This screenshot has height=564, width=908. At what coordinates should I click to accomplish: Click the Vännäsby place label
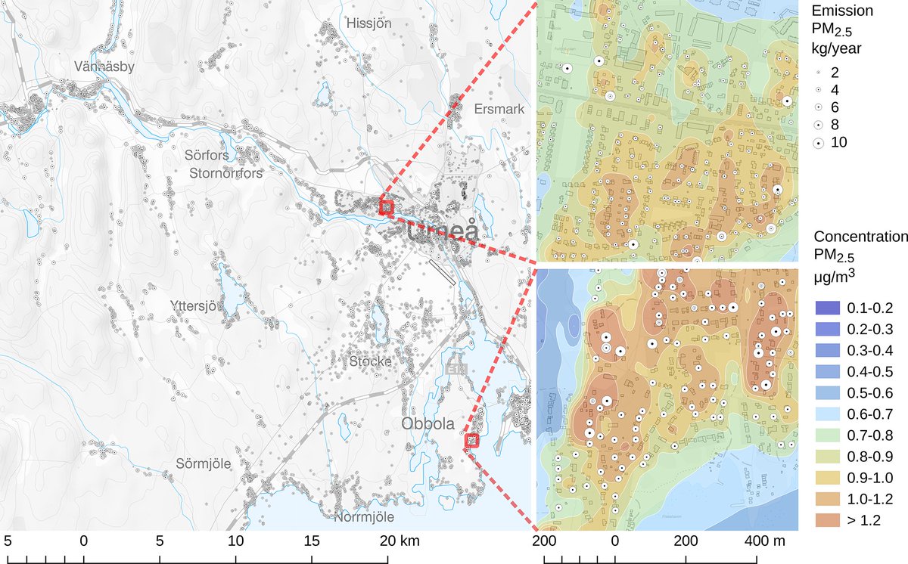click(x=104, y=67)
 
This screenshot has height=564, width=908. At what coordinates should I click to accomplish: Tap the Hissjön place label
click(x=368, y=23)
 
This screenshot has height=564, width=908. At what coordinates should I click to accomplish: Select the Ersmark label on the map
click(x=499, y=110)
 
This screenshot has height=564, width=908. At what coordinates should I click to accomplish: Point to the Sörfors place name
click(x=207, y=156)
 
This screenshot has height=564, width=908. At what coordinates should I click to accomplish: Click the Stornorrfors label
click(x=225, y=172)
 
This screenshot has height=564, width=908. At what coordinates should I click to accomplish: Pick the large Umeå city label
click(x=444, y=231)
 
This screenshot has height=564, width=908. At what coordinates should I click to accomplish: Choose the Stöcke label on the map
click(x=370, y=361)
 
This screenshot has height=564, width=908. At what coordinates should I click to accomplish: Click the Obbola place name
click(x=428, y=422)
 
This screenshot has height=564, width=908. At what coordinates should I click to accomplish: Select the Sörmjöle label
click(x=202, y=463)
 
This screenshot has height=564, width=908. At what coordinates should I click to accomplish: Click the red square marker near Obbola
click(x=472, y=440)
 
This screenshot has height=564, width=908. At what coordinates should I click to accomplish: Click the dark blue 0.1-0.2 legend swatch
click(x=826, y=308)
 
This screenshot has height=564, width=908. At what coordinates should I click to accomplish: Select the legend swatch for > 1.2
click(x=826, y=519)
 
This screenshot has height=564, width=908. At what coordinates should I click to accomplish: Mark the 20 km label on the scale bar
click(x=398, y=541)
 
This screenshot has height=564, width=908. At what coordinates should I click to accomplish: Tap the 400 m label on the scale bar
click(x=764, y=541)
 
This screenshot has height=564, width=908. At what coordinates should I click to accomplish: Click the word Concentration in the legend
click(x=860, y=237)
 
